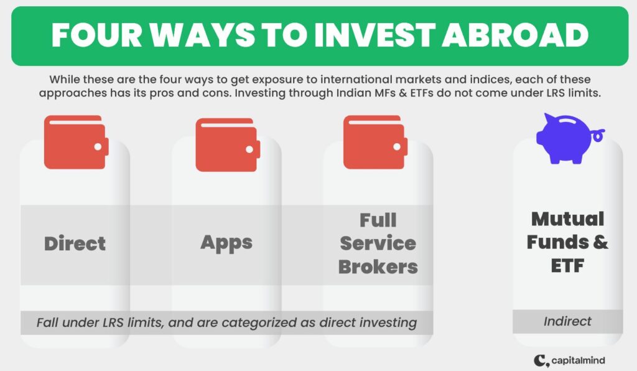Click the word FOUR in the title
[96, 35]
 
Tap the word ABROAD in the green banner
[515, 35]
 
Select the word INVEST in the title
[374, 35]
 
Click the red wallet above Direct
[77, 142]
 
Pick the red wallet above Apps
[228, 144]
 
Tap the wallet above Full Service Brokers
[375, 142]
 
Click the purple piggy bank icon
[570, 139]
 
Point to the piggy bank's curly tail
[598, 135]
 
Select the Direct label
[75, 244]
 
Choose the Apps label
[226, 243]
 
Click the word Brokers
[378, 267]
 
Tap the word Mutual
[567, 219]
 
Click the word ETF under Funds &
[567, 266]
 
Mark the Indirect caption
[567, 321]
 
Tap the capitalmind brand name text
[578, 360]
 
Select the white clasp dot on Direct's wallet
[98, 147]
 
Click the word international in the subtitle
[357, 79]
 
